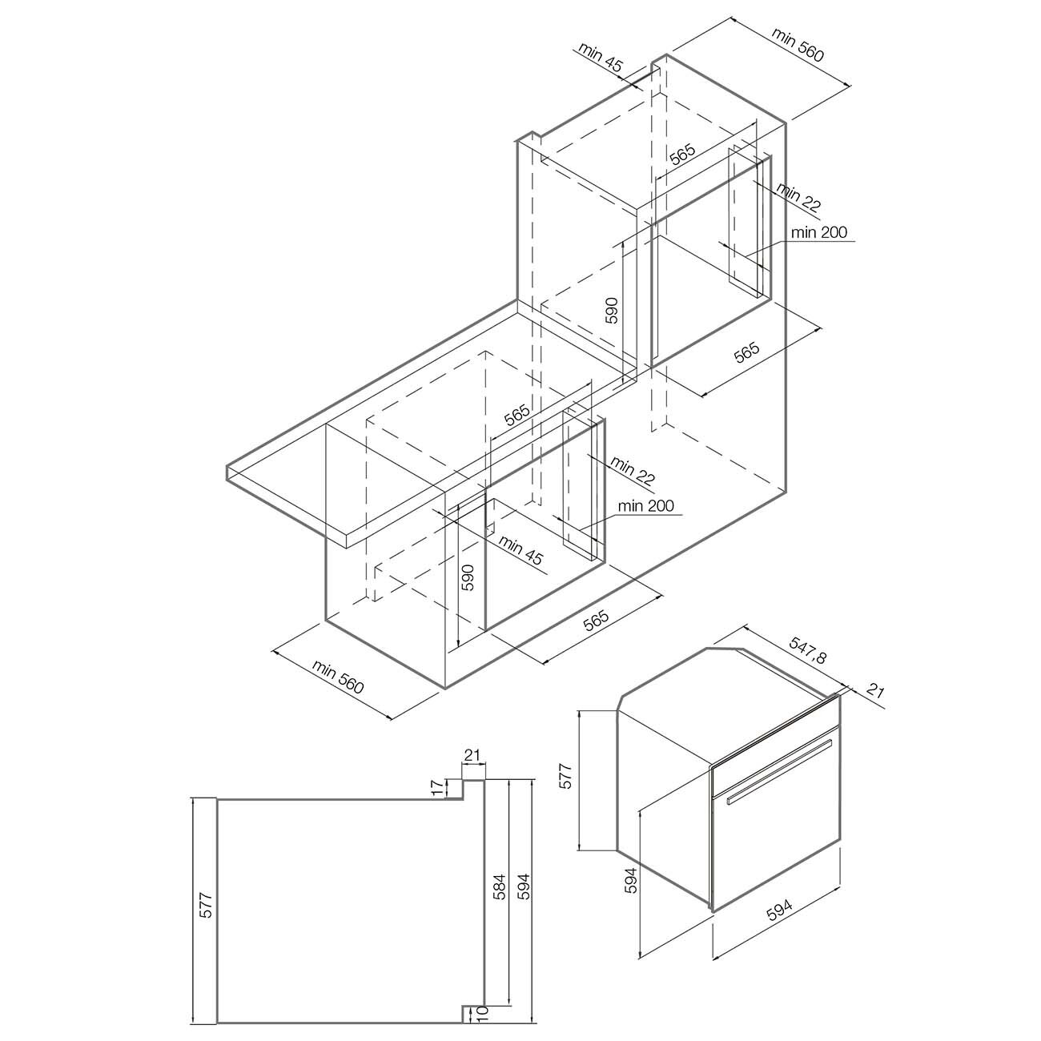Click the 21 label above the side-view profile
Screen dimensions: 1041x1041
tap(472, 755)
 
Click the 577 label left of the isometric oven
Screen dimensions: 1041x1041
tap(564, 777)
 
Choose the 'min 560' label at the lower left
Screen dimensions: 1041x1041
tap(337, 676)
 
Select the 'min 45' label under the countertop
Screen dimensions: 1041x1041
tap(520, 553)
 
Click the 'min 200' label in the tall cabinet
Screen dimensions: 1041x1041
tap(818, 232)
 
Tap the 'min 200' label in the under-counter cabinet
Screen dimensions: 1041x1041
tap(645, 506)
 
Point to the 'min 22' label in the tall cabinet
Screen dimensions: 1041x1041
tap(798, 198)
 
